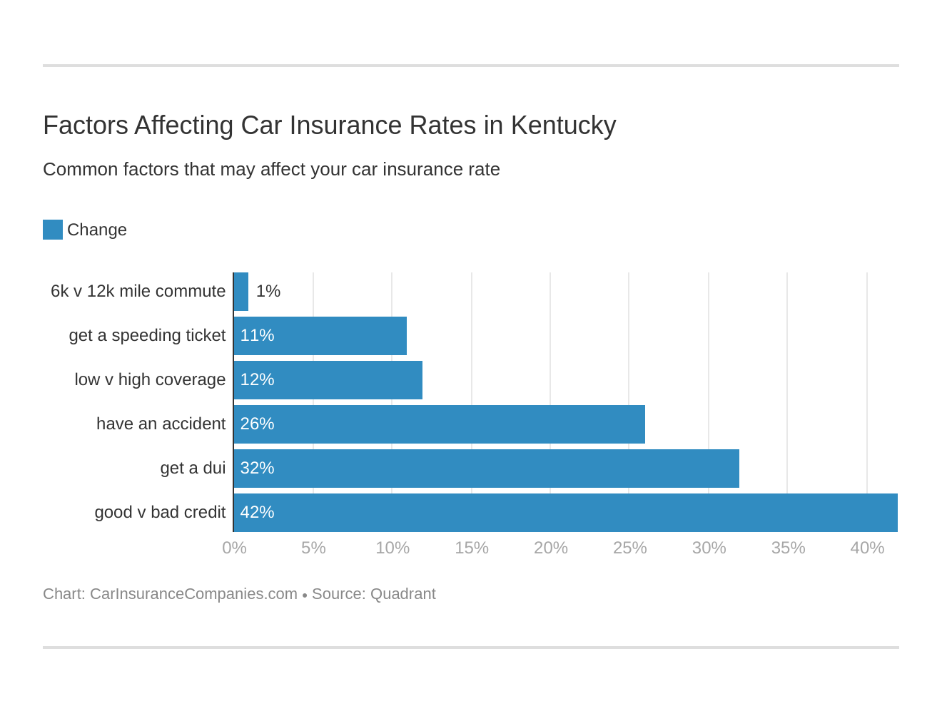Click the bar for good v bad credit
[x=565, y=513]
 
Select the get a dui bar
[x=486, y=469]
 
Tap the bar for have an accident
[x=439, y=424]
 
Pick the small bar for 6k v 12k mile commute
[x=241, y=292]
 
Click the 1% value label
[x=268, y=292]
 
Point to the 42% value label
[x=257, y=513]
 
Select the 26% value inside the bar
[x=257, y=424]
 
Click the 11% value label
[x=257, y=336]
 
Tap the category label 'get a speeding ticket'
[x=147, y=336]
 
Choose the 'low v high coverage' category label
[x=150, y=380]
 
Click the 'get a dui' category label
[x=193, y=469]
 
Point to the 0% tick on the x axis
[x=234, y=548]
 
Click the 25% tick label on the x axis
[x=629, y=548]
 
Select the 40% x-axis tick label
[x=867, y=548]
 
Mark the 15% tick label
[x=472, y=548]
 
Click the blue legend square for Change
[x=53, y=230]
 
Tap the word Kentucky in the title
[x=563, y=126]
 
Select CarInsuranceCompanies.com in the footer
[x=193, y=594]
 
